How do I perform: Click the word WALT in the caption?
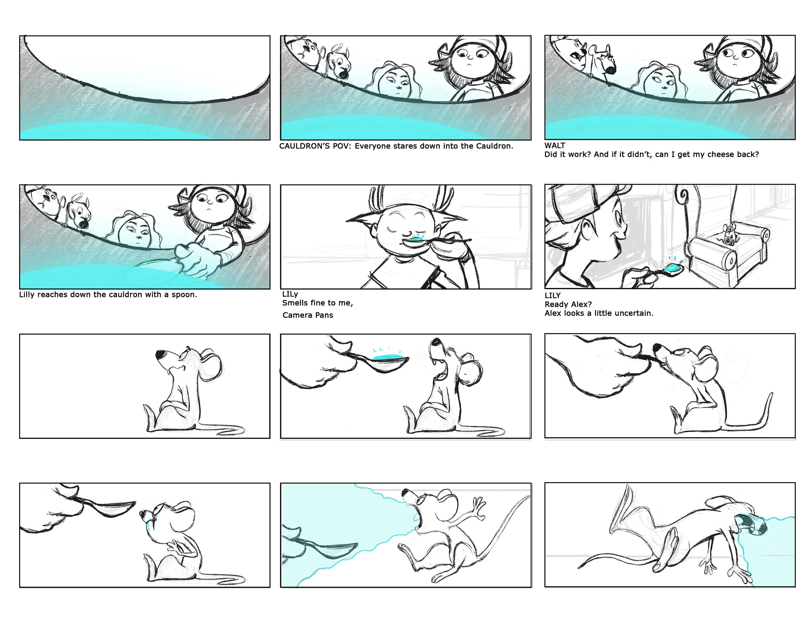point(555,145)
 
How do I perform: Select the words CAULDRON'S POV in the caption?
point(315,146)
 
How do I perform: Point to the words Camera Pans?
point(308,315)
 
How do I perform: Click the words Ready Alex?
point(568,305)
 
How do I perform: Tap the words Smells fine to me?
point(318,303)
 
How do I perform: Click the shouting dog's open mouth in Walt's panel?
point(576,57)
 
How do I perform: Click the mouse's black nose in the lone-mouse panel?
point(161,354)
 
